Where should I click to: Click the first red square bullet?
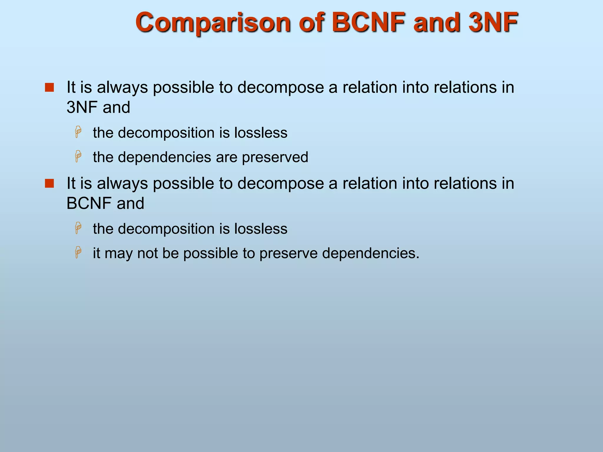coord(49,87)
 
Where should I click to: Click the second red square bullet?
coord(49,183)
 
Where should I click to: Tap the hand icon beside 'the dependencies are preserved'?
coord(78,156)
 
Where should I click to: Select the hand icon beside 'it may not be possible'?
coord(78,252)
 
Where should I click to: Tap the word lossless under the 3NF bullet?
coord(261,133)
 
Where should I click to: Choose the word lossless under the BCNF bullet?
coord(261,229)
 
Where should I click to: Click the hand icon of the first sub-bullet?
coord(78,132)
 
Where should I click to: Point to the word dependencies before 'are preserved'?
coord(165,157)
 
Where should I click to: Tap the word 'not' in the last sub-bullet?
coord(148,253)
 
